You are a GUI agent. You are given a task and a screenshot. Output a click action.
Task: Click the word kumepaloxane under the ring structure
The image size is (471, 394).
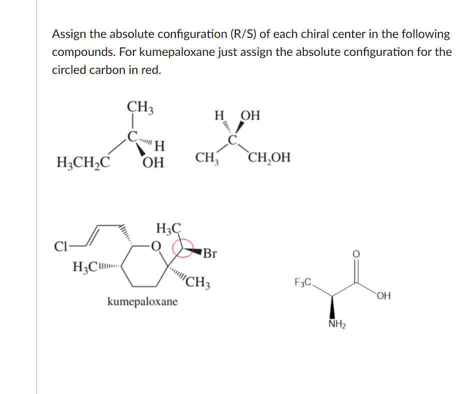(x=142, y=302)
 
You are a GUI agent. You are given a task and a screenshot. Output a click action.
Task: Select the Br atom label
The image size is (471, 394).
(x=210, y=253)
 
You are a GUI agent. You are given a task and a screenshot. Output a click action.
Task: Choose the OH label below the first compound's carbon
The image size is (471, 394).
(x=154, y=163)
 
